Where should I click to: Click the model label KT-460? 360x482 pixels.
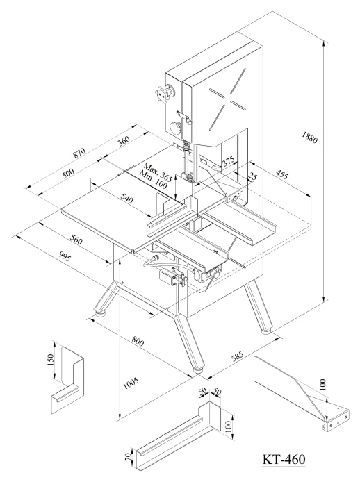284,460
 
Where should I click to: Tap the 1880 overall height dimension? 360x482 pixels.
309,137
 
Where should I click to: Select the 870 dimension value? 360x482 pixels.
79,153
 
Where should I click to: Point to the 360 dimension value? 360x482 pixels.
124,140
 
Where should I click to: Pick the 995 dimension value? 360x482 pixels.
65,256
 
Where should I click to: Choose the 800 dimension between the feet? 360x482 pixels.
137,340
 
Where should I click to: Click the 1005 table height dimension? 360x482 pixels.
131,383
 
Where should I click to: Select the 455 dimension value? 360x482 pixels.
281,174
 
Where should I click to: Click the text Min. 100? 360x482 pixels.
153,180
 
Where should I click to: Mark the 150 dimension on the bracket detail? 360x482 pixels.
51,360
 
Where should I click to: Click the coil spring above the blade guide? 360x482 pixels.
186,145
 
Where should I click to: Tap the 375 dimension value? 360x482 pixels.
229,162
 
